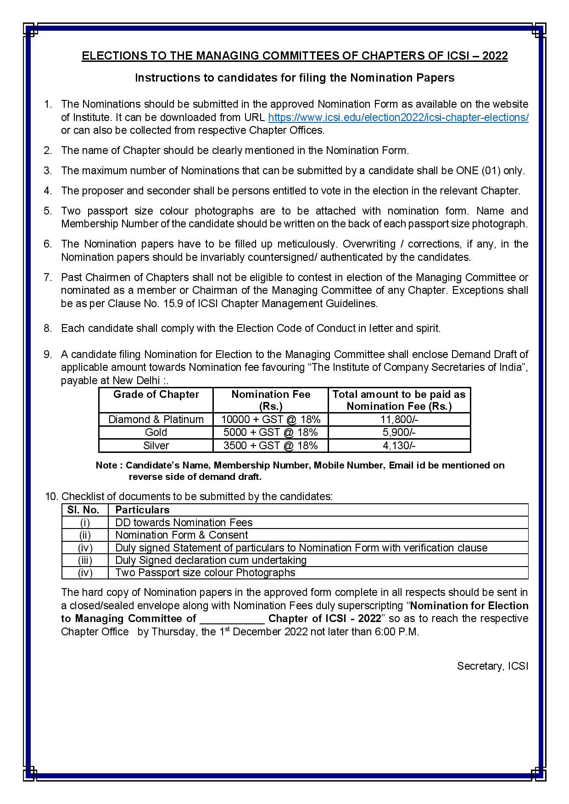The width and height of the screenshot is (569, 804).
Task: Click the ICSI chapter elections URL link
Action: click(x=398, y=117)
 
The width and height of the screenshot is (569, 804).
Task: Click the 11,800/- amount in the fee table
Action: click(x=399, y=419)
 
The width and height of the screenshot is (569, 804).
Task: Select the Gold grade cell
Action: click(x=156, y=432)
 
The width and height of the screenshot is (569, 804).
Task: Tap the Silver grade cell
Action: click(x=156, y=446)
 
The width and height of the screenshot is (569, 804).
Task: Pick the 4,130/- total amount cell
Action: click(x=399, y=446)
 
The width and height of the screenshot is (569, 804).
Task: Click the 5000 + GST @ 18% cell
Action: click(x=271, y=432)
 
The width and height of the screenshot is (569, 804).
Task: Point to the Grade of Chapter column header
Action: click(x=156, y=395)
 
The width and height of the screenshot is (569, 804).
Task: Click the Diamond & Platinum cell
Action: click(x=156, y=419)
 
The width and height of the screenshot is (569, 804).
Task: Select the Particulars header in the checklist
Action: click(x=142, y=510)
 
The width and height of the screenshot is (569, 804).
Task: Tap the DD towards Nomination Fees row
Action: click(x=184, y=523)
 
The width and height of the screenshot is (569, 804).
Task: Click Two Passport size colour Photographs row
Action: click(x=205, y=573)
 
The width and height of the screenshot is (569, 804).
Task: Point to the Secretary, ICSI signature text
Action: click(x=492, y=666)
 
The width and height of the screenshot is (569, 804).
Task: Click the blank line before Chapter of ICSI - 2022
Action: click(x=232, y=619)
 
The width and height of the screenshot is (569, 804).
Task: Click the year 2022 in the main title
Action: click(x=495, y=56)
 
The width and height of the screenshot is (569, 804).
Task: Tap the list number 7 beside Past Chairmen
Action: click(x=47, y=277)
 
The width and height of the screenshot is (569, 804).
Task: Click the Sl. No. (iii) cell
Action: click(x=85, y=560)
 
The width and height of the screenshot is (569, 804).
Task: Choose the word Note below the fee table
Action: click(x=106, y=465)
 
